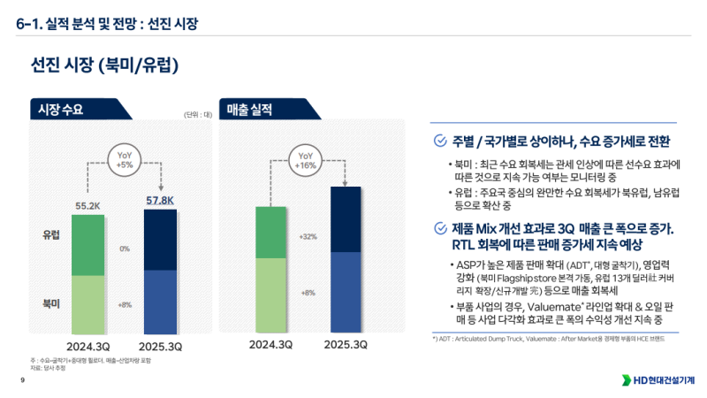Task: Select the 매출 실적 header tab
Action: coord(248,109)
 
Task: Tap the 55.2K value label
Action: coord(87,205)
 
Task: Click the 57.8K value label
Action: coord(160,201)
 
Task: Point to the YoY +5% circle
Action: coord(125,159)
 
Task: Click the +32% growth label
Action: coord(308,237)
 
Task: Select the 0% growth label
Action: coord(125,249)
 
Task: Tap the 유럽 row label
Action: coord(51,236)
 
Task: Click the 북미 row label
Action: coord(51,303)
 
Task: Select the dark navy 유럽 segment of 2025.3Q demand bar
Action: coord(160,240)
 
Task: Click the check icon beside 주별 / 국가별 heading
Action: coord(440,141)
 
